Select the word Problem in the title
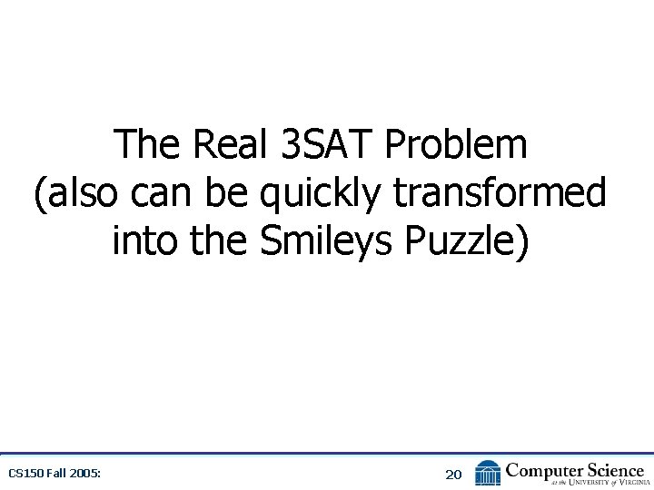[x=456, y=145]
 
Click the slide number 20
[x=453, y=474]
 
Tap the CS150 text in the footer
[x=25, y=474]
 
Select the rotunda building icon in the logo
[x=488, y=473]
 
